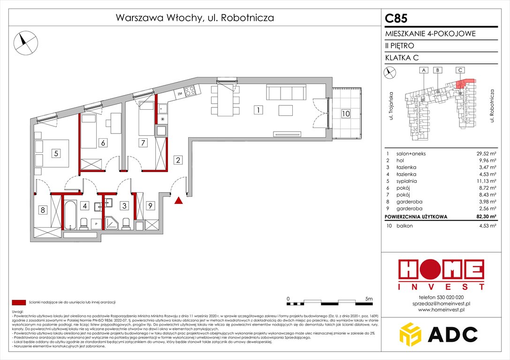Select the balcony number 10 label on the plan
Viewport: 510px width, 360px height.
(346, 113)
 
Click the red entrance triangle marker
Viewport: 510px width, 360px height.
(178, 201)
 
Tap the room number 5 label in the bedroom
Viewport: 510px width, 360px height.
(55, 153)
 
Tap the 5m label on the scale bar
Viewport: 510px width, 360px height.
(369, 299)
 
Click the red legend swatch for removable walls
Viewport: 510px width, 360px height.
(18, 302)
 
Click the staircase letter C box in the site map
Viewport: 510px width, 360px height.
(460, 70)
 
